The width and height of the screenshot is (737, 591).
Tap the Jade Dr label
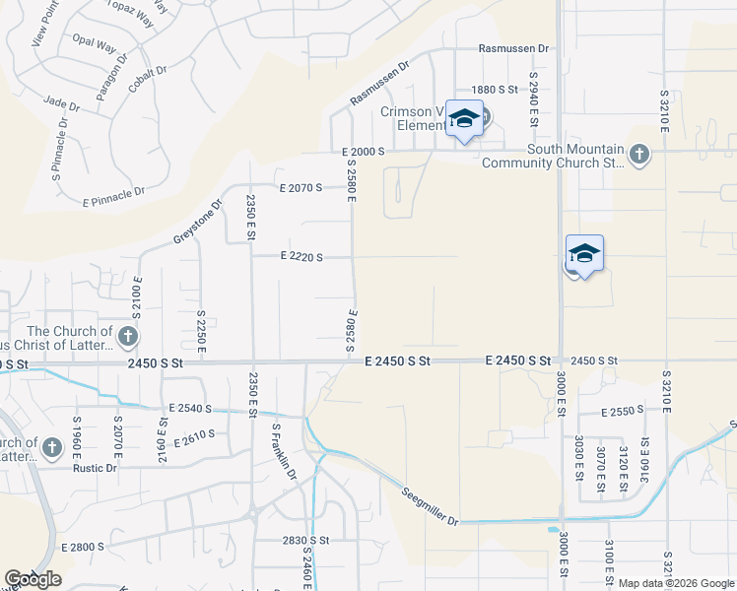tap(61, 101)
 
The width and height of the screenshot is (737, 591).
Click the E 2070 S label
tap(301, 186)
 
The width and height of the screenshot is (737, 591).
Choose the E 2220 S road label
tap(301, 256)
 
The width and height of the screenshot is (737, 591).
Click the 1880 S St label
tap(495, 90)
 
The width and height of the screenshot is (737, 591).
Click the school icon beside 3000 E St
tap(584, 254)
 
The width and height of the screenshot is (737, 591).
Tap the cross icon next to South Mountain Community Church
tap(639, 154)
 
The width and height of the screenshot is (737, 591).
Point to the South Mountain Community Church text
tap(551, 156)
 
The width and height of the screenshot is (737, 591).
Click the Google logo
tap(32, 579)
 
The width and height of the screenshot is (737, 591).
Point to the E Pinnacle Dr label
tap(114, 195)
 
